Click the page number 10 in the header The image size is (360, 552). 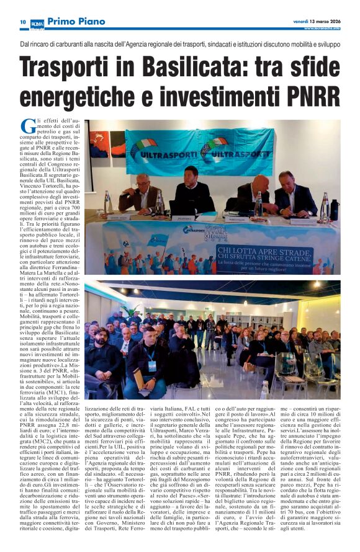tap(22, 22)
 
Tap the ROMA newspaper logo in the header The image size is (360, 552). tap(37, 22)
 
